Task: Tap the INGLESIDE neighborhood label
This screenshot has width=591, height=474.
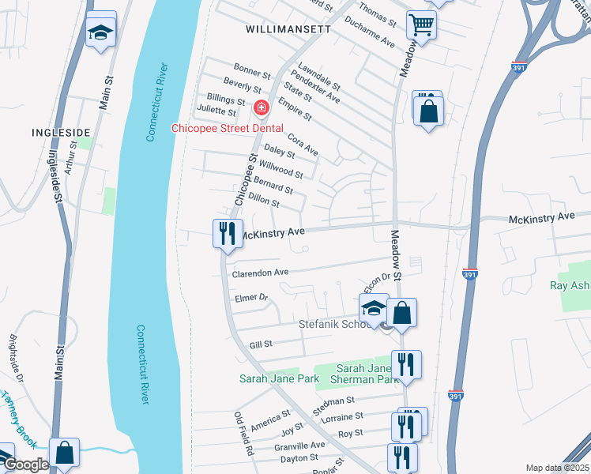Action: [x=60, y=133]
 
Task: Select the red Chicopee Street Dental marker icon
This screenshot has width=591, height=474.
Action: [x=260, y=107]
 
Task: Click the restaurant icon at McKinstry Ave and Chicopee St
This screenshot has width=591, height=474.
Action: [x=226, y=233]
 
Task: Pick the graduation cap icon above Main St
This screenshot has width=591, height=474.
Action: [x=100, y=32]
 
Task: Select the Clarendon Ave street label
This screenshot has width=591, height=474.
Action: [x=260, y=273]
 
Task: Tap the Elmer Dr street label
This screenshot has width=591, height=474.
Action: [x=252, y=299]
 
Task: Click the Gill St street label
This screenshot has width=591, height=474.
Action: [x=261, y=344]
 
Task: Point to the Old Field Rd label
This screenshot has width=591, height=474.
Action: [x=243, y=434]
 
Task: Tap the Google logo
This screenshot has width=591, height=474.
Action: [x=25, y=465]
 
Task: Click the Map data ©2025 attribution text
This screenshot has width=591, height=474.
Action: [x=557, y=468]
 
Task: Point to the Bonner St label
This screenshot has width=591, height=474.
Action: [x=252, y=70]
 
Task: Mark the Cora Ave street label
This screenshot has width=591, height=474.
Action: [x=303, y=145]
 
